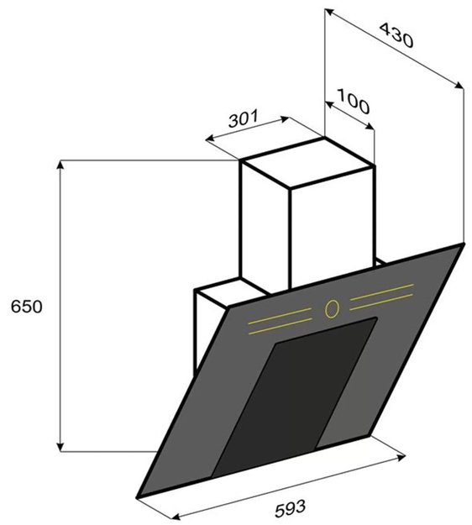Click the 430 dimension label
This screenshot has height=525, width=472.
[x=396, y=35]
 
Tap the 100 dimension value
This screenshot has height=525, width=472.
[x=354, y=101]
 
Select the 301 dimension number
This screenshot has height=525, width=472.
[x=244, y=118]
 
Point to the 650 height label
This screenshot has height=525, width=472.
[x=27, y=307]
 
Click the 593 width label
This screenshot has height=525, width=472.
[x=291, y=508]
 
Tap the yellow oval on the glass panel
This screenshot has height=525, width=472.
[x=332, y=309]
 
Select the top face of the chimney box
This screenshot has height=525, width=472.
[x=307, y=163]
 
